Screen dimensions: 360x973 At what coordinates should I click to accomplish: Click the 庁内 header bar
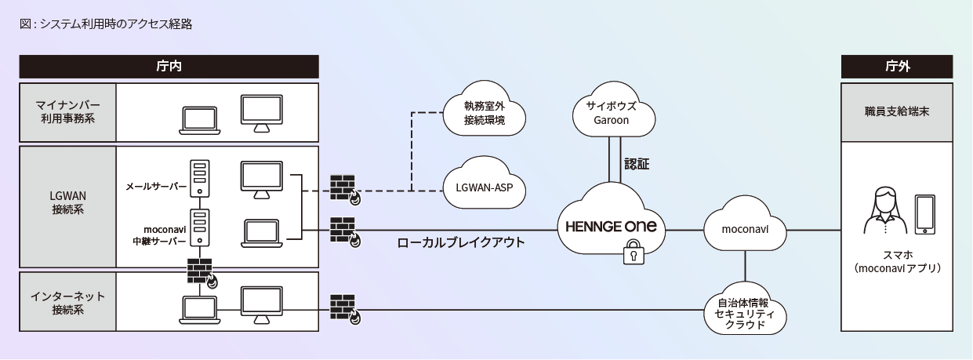[169, 66]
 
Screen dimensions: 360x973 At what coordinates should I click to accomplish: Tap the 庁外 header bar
[897, 66]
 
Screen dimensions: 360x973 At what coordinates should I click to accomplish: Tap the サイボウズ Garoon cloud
[612, 112]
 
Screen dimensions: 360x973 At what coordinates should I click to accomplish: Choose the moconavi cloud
[745, 229]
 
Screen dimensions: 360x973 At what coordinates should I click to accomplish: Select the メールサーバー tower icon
[201, 177]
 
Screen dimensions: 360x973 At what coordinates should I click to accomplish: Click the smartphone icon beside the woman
[924, 214]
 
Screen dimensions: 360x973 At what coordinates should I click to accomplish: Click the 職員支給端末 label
[897, 111]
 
